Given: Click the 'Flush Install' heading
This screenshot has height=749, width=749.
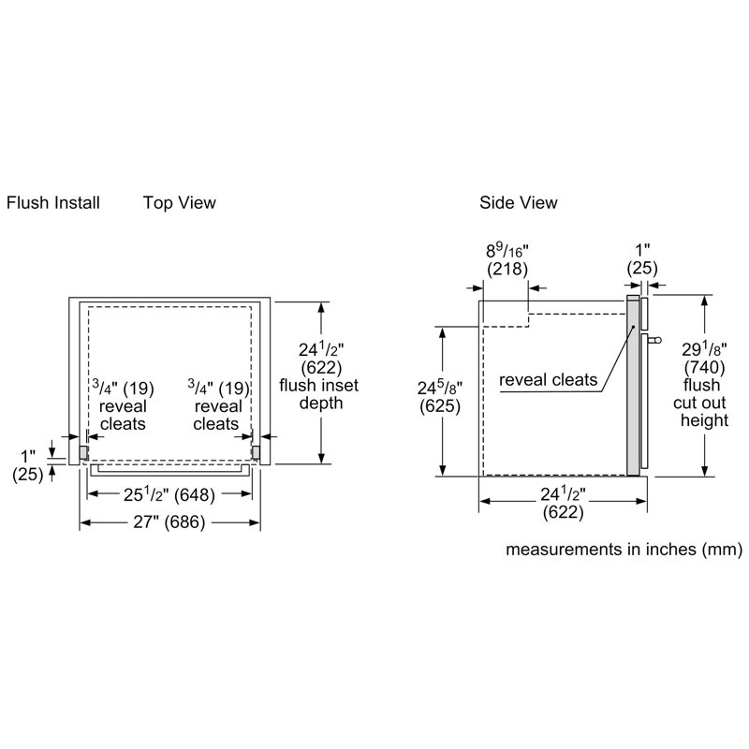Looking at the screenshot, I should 53,202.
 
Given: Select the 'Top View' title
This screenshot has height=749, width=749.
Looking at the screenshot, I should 179,202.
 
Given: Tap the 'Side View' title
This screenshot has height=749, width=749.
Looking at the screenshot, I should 518,202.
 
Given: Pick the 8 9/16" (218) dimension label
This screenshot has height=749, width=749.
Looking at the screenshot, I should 507,259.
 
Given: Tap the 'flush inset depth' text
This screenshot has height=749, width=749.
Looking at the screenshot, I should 318,394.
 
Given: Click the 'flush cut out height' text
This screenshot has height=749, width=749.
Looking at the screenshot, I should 704,403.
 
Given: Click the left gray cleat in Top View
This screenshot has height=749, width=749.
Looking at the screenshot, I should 84,452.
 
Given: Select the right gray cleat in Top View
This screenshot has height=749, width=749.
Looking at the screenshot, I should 255,452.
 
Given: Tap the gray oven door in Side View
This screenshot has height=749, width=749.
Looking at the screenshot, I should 634,384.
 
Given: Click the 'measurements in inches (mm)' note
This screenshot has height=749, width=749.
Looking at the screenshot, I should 624,550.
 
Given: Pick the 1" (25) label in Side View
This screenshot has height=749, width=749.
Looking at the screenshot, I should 641,259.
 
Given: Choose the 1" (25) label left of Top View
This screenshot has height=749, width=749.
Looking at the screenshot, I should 27,464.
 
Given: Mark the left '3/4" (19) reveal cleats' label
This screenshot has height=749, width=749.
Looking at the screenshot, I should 124,405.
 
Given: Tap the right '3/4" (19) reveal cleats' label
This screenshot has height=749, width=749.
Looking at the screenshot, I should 217,405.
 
